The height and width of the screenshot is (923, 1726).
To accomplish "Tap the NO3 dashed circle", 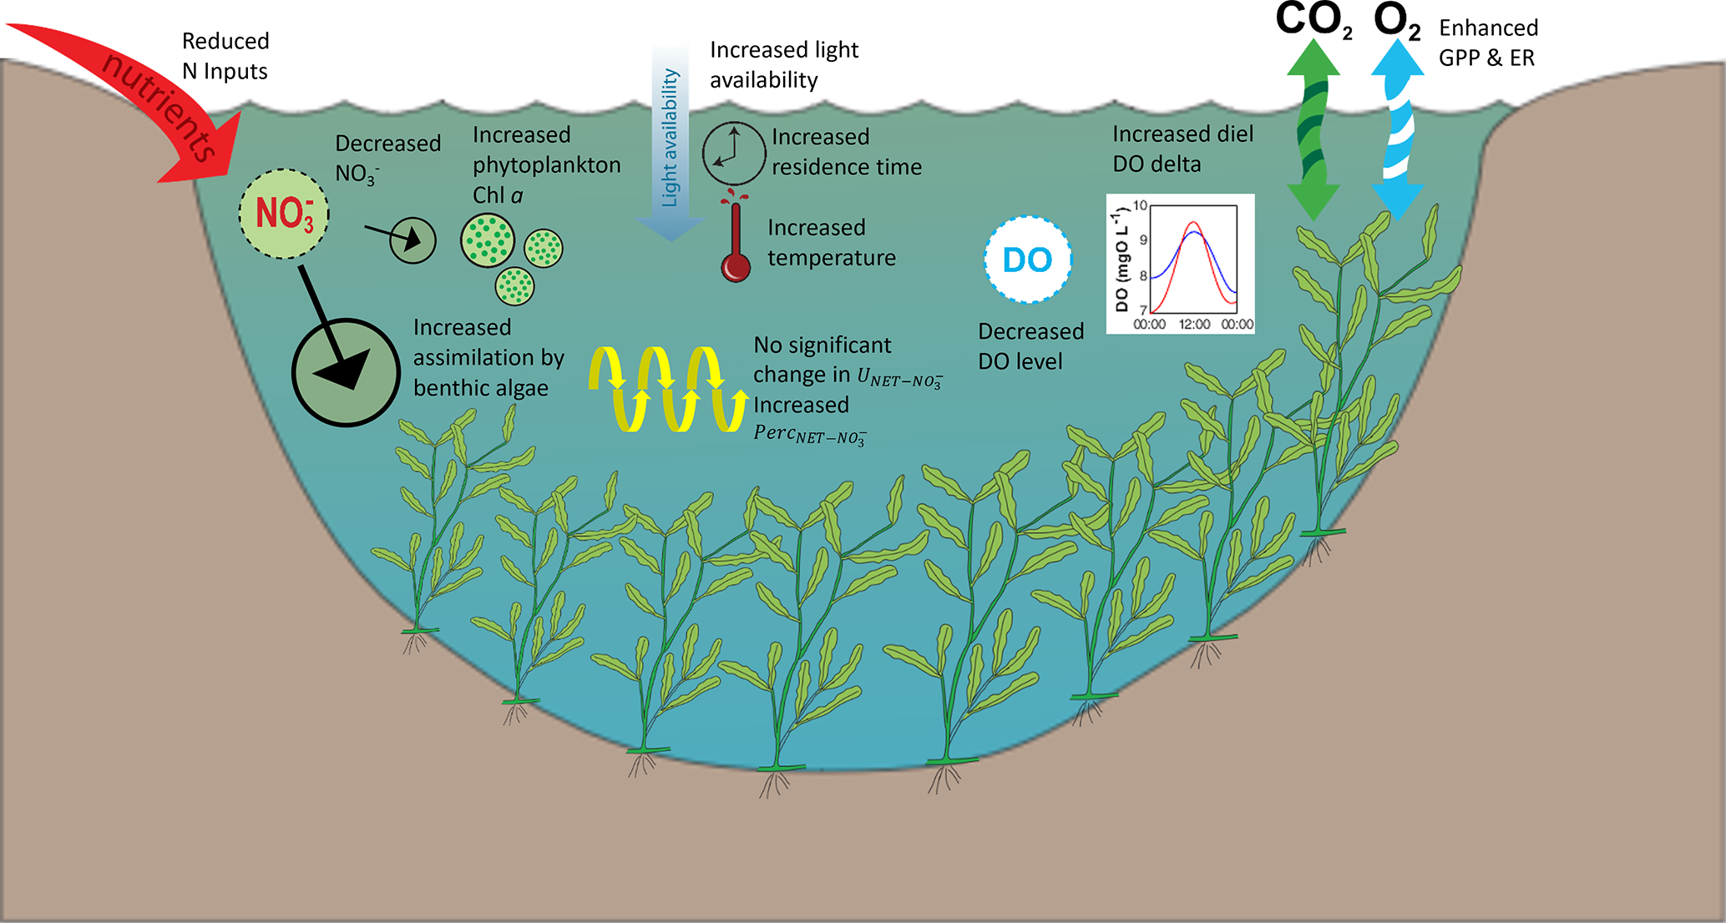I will [284, 214].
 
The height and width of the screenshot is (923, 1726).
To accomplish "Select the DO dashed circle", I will [1027, 260].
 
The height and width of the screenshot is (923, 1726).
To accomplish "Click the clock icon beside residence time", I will [733, 154].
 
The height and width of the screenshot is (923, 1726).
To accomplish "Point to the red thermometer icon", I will [736, 242].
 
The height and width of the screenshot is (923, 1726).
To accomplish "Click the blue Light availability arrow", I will [671, 142].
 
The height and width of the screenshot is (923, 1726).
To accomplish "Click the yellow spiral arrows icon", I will [668, 389].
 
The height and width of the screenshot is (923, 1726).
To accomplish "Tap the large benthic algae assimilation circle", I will [346, 372].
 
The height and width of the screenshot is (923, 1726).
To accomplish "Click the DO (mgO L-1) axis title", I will [1121, 261].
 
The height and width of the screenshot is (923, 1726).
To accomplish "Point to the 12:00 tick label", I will [1194, 324].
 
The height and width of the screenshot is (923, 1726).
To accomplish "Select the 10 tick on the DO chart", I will [1140, 205].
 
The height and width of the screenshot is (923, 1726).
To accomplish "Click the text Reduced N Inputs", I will [225, 56].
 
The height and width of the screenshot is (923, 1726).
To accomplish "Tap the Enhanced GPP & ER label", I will [1488, 43].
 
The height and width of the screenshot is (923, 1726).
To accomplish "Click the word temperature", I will [832, 258].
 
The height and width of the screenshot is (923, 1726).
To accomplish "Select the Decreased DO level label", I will [1030, 346].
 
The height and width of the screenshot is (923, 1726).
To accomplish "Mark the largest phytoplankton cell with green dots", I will [488, 240].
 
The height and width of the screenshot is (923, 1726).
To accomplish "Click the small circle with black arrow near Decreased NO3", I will [413, 240].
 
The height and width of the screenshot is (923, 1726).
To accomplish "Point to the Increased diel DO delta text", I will [1182, 149].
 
